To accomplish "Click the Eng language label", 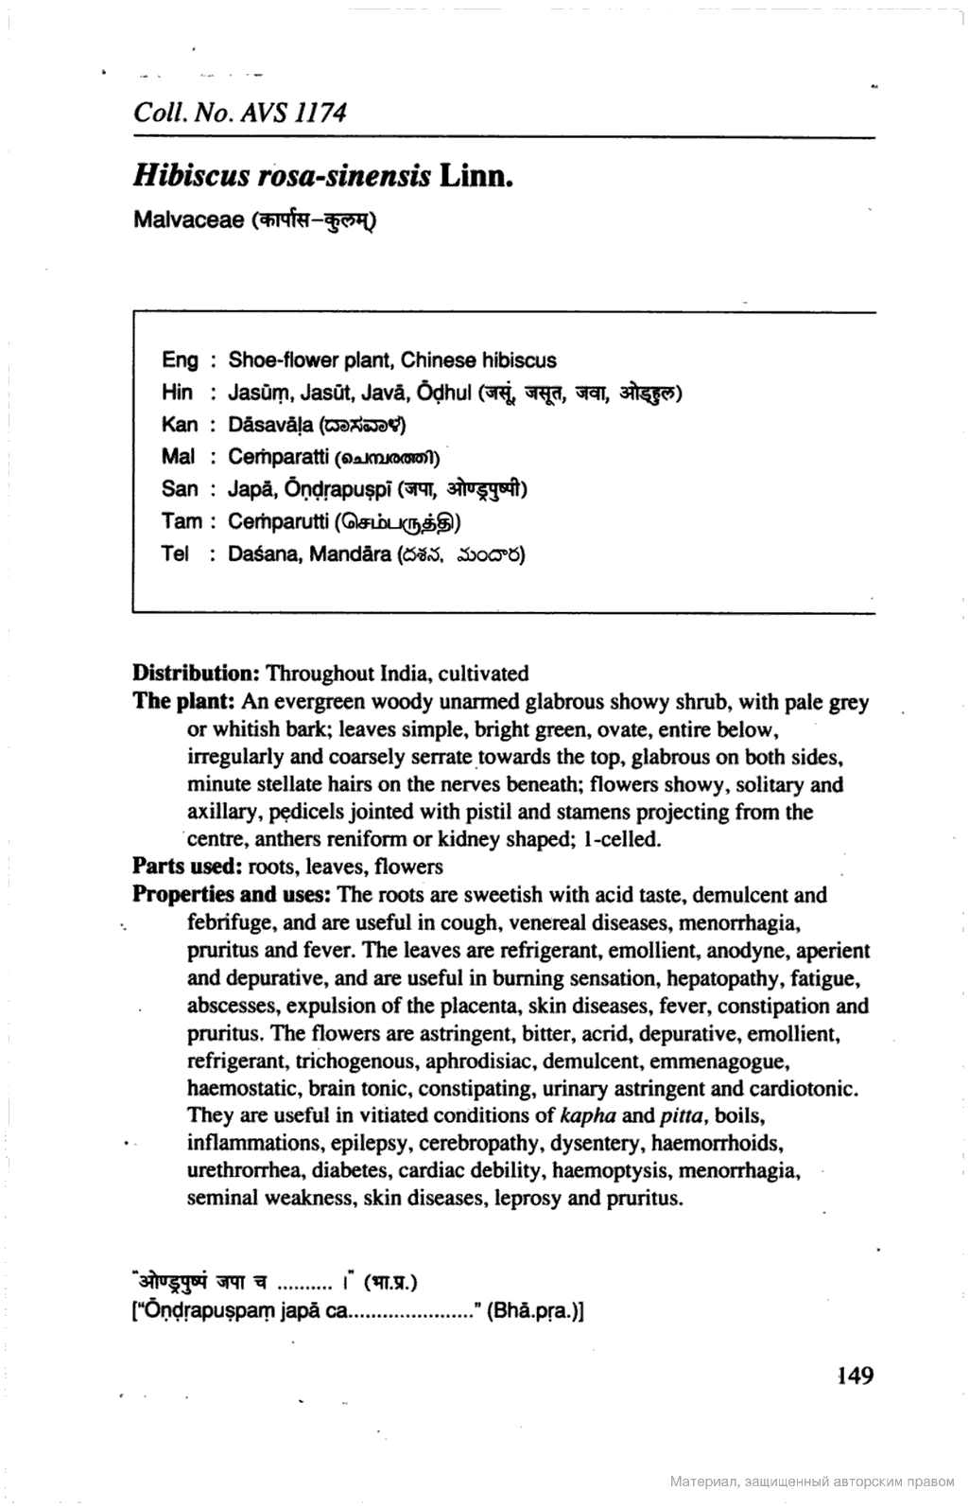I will click(x=181, y=360).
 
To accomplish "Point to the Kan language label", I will click(x=181, y=425).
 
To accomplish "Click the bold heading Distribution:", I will click(x=197, y=674).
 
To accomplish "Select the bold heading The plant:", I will click(x=183, y=702).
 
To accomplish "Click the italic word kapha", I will click(x=588, y=1115).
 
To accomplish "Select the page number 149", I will click(x=855, y=1375).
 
